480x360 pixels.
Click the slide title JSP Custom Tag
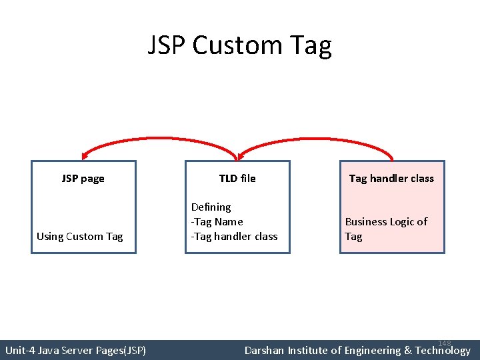coord(239,46)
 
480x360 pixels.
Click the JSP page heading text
coord(83,179)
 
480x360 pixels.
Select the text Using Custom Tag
coord(80,237)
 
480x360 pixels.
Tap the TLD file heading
coord(237,179)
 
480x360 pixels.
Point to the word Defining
coord(211,207)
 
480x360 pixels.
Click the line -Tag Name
coord(217,222)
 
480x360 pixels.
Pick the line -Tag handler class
coord(234,237)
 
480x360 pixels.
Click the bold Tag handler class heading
coord(391,179)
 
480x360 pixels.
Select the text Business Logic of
coord(386,222)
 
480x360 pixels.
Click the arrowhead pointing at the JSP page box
coord(83,155)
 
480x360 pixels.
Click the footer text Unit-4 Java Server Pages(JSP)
coord(75,350)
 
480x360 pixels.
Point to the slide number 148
coord(445,343)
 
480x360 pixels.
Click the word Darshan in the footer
coord(265,350)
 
